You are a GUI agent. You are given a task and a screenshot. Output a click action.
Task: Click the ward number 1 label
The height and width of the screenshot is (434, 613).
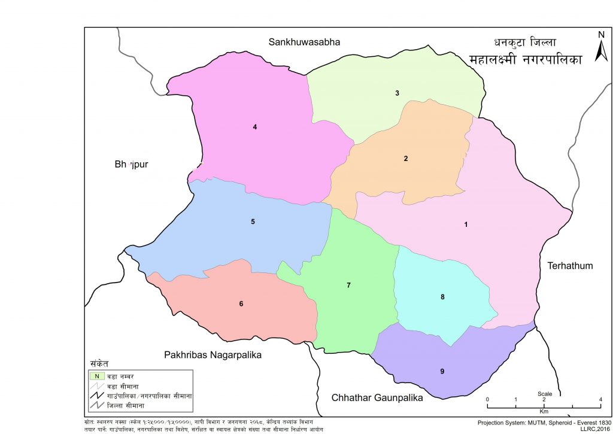tap(466, 224)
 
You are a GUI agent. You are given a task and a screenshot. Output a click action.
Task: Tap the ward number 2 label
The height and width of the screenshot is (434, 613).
tap(406, 159)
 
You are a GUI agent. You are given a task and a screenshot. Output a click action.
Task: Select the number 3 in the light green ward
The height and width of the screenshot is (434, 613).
tap(397, 93)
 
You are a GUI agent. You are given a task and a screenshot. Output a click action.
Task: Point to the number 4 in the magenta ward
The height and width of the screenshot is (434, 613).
tap(255, 126)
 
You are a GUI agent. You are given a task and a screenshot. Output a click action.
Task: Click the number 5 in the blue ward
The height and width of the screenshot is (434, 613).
tap(253, 221)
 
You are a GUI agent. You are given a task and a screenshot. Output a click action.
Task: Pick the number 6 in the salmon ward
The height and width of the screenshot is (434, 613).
tap(241, 304)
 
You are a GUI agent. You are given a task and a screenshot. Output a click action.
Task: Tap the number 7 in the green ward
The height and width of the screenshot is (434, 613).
tap(348, 285)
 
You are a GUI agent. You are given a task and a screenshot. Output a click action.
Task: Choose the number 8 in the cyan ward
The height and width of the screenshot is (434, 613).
tap(442, 296)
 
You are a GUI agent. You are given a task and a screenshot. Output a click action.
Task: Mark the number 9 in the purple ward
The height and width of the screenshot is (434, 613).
tap(442, 371)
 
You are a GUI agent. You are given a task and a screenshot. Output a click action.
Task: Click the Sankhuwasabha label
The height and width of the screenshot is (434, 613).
tap(304, 42)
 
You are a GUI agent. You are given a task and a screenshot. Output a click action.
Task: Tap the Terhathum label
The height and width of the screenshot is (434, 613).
tap(570, 265)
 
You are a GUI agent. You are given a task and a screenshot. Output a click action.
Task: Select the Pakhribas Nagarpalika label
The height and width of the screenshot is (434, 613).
tap(213, 355)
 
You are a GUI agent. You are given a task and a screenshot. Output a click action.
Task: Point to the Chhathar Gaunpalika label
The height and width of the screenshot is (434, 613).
tap(378, 397)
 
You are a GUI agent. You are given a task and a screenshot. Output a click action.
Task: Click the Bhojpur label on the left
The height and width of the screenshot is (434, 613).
tap(131, 164)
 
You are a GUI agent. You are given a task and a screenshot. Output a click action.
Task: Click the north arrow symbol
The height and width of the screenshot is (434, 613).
tap(601, 48)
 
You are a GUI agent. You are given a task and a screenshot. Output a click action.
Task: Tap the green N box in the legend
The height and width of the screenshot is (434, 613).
tap(96, 376)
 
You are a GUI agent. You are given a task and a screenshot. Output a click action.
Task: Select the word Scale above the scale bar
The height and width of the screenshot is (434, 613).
tap(544, 394)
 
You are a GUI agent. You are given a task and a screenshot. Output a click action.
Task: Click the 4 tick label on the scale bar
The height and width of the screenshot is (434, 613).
tap(600, 399)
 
